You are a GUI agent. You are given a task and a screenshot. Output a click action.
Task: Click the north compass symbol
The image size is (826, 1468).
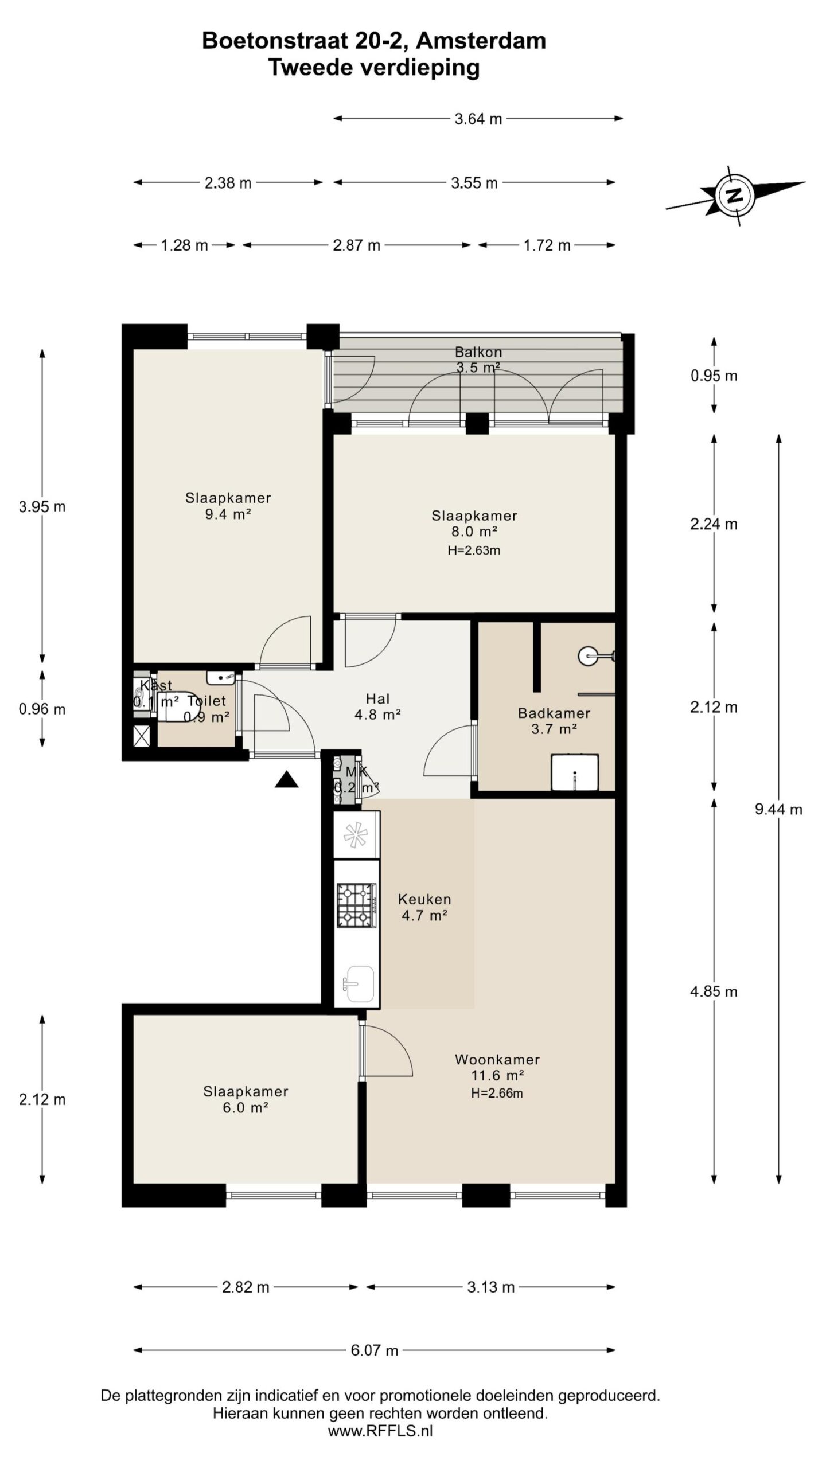(734, 196)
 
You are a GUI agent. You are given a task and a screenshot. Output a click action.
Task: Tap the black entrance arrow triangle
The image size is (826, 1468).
(286, 779)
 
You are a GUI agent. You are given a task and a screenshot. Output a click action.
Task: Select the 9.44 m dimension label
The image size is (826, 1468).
(778, 809)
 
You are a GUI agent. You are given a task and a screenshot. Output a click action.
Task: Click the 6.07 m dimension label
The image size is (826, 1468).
(374, 1350)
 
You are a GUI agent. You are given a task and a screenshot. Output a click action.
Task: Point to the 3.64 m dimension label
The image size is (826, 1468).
(478, 119)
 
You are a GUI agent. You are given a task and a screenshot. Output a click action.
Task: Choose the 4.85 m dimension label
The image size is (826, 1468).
(714, 991)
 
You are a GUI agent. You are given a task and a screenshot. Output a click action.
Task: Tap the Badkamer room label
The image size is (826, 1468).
(554, 713)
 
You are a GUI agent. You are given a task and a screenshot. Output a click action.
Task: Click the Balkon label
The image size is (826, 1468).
(478, 352)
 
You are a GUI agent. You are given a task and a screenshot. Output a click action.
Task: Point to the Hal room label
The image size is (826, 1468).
(377, 698)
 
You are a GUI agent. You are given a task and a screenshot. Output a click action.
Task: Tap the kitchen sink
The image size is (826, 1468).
(358, 985)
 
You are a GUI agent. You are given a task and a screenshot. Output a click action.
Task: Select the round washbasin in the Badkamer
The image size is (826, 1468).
(590, 655)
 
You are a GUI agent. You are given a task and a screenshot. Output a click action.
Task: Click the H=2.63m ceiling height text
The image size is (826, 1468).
(474, 550)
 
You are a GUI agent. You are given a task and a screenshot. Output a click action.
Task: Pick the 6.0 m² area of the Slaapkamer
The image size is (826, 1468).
(246, 1107)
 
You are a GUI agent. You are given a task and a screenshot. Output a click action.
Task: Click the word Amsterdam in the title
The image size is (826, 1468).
(481, 41)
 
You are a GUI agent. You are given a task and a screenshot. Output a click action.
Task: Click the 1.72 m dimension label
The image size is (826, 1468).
(547, 245)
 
